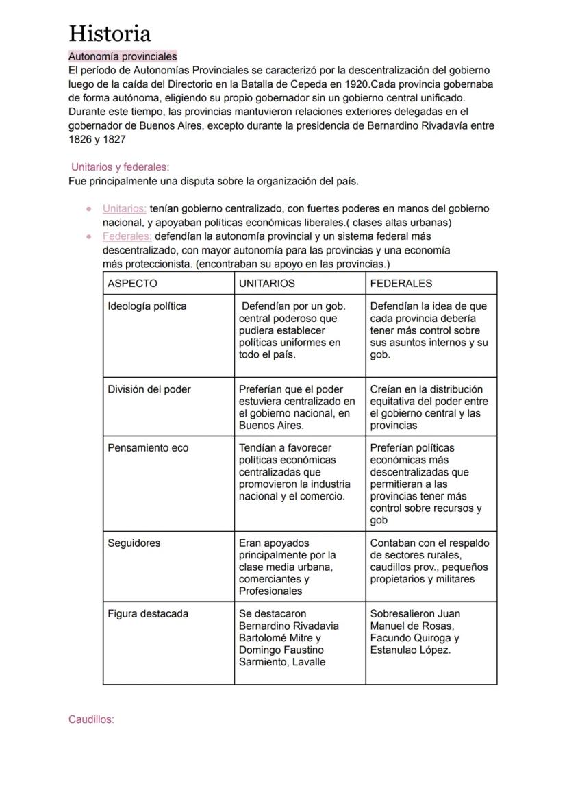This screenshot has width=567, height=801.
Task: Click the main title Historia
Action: click(x=110, y=33)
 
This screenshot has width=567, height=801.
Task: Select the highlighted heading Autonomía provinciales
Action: click(x=123, y=57)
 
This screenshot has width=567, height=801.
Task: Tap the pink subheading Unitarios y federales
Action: click(x=120, y=167)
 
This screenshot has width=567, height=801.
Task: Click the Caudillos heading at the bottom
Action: click(x=91, y=719)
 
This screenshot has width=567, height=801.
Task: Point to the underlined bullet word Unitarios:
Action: click(x=124, y=209)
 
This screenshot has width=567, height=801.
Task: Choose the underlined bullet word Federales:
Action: click(x=127, y=236)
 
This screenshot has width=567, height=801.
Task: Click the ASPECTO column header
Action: click(x=132, y=283)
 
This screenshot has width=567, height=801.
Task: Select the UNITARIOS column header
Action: click(x=266, y=283)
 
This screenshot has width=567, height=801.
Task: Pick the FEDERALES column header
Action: click(x=401, y=283)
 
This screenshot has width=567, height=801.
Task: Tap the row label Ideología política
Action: click(x=147, y=306)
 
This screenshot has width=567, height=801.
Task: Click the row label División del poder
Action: click(x=149, y=389)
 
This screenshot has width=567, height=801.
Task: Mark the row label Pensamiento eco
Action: click(x=147, y=448)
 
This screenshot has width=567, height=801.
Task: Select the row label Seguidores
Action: click(x=134, y=543)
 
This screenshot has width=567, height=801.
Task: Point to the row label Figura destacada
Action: click(x=147, y=614)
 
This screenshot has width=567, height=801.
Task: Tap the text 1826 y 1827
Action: click(x=97, y=139)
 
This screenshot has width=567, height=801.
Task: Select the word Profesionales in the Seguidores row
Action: click(x=270, y=591)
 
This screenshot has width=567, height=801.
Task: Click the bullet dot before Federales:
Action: click(x=89, y=236)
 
